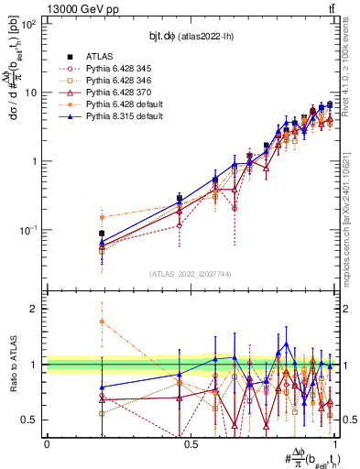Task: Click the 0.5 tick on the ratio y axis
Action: (31, 420)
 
